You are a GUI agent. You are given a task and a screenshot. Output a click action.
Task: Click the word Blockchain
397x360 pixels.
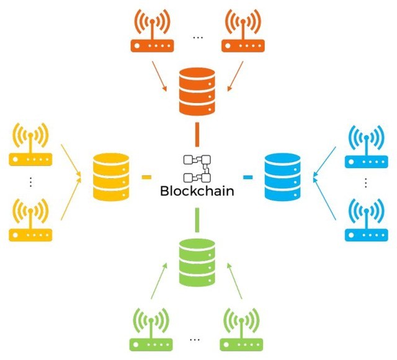coord(197,191)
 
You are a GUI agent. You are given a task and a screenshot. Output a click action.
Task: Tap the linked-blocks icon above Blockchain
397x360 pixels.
coord(197,168)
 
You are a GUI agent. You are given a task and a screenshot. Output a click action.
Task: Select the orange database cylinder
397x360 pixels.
coord(197,91)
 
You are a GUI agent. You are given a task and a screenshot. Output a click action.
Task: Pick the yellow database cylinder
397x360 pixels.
coord(111,177)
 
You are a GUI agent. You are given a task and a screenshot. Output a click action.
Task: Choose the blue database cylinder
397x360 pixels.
coord(283,177)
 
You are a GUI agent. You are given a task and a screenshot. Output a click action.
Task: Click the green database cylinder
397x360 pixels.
coord(197,263)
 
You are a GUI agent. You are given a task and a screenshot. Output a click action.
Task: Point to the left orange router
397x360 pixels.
coord(152,30)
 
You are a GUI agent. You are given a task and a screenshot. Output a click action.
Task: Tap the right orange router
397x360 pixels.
coord(243,30)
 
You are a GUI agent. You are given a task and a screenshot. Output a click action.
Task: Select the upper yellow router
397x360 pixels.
coord(30,144)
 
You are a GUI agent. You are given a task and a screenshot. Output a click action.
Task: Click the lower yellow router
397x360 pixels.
coord(30,220)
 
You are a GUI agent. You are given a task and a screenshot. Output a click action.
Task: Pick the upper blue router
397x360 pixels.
coord(367,146)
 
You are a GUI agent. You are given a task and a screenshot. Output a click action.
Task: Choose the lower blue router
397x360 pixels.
coord(367,220)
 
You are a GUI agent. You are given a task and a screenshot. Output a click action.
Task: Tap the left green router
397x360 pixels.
coord(151,330)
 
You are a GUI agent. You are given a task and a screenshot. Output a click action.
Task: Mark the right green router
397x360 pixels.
coord(241,330)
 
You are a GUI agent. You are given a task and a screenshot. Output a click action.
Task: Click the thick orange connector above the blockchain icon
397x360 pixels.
coord(197,135)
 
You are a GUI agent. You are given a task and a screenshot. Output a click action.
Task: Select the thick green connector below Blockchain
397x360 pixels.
coord(197,220)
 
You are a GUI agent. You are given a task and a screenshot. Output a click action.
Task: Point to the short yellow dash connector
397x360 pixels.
coord(146,177)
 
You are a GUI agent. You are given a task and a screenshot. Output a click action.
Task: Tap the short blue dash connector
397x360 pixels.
coord(248,177)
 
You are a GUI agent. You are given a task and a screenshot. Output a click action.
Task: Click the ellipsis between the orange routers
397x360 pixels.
coord(198,38)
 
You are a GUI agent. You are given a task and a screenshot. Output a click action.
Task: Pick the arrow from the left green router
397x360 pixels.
coord(159,281)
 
